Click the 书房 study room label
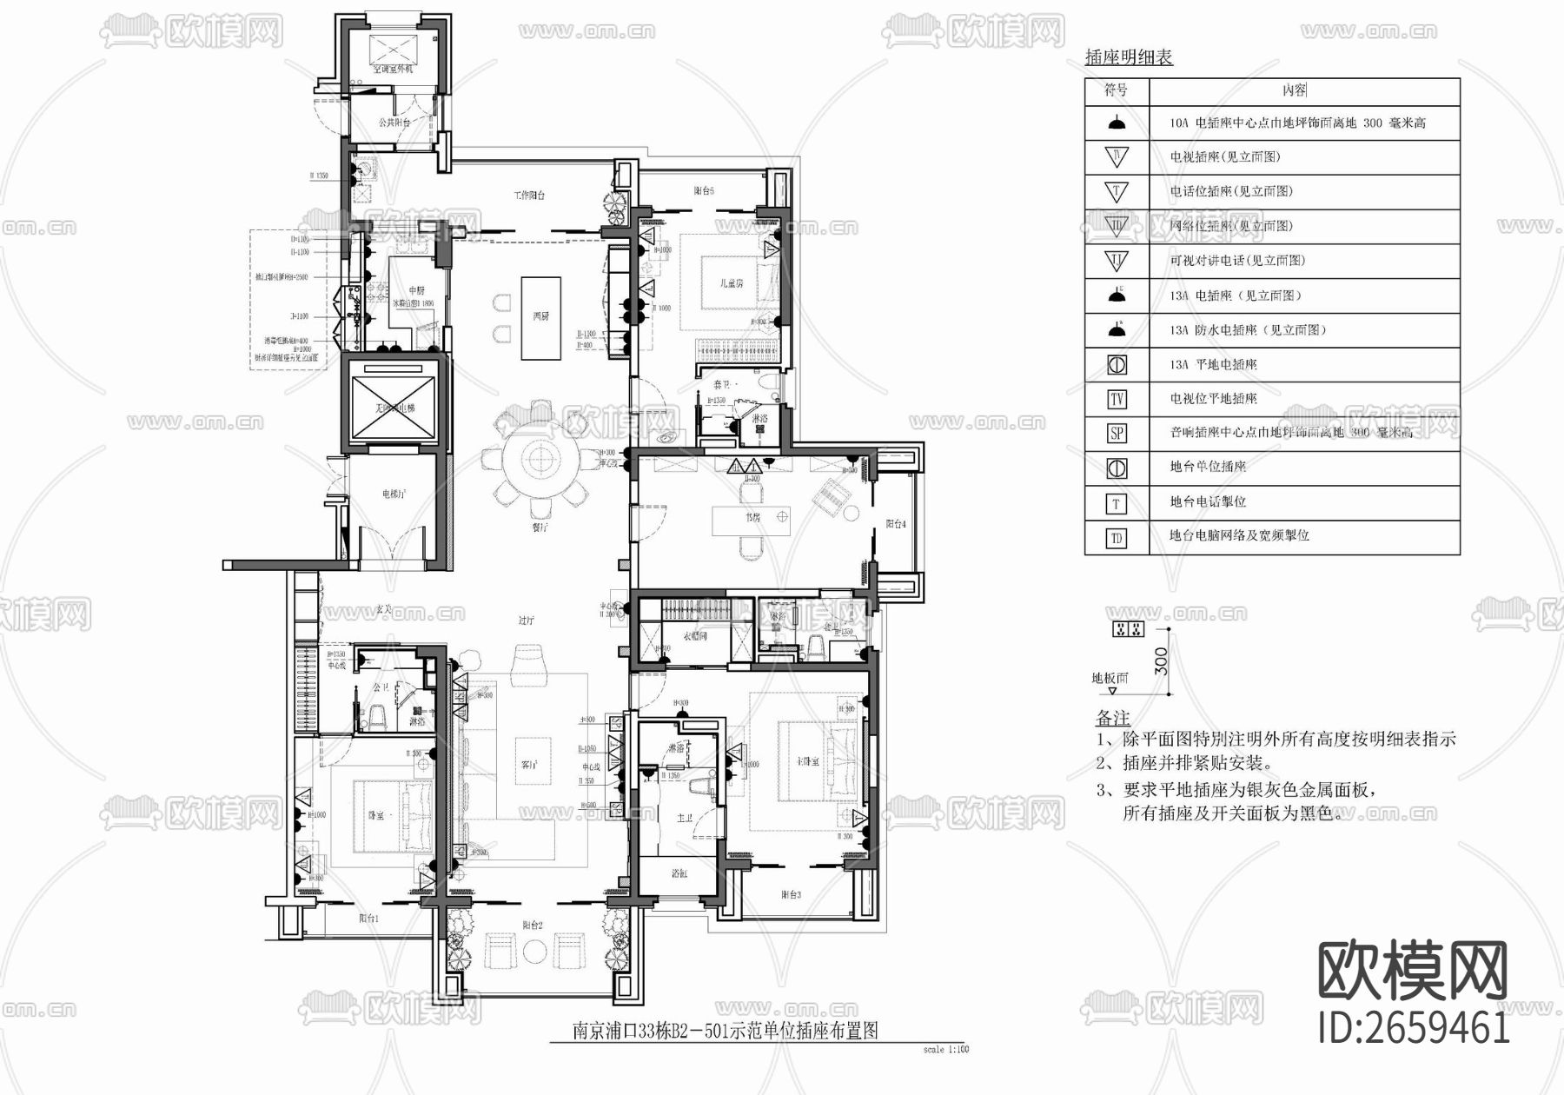(752, 517)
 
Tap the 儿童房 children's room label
(732, 283)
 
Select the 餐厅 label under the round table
(540, 527)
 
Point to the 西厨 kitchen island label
(540, 316)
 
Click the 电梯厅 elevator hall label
(394, 494)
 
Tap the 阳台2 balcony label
(533, 926)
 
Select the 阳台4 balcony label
(896, 524)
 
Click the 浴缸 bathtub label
(679, 873)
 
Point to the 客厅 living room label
(529, 765)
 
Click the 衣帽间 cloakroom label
(694, 636)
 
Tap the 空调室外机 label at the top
(393, 68)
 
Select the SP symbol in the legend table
(1117, 433)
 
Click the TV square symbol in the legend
(1117, 399)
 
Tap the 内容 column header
(1294, 90)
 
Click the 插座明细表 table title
(1129, 58)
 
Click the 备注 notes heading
(1112, 719)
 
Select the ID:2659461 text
(1414, 1028)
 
